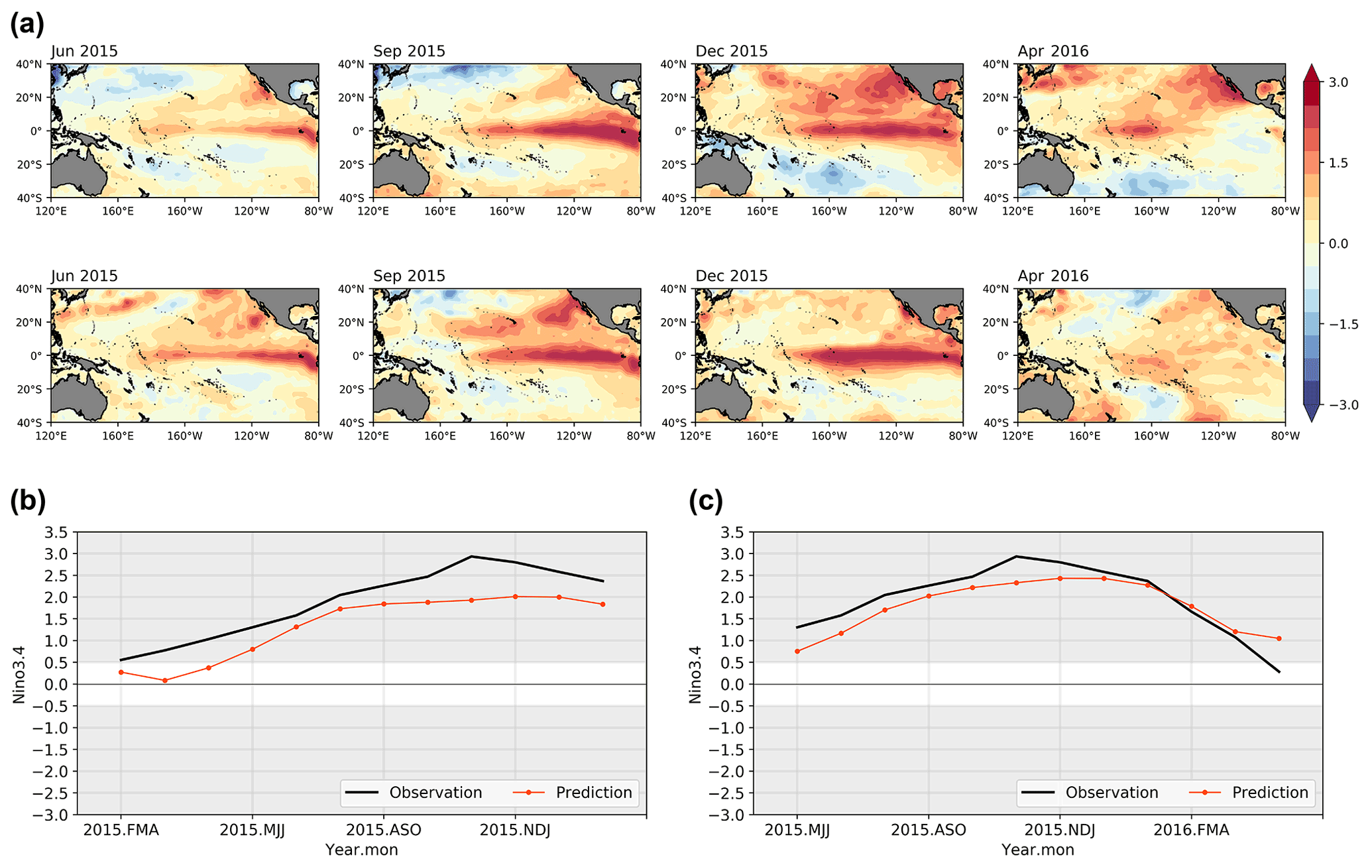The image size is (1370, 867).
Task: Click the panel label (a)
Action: pyautogui.click(x=27, y=25)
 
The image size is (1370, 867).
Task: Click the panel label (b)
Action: pyautogui.click(x=28, y=500)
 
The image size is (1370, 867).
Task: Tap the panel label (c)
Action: pyautogui.click(x=706, y=500)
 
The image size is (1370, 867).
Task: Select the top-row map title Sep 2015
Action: pyautogui.click(x=409, y=51)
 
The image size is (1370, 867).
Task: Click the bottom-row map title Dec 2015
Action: pyautogui.click(x=731, y=276)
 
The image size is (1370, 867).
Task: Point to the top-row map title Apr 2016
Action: pyautogui.click(x=1053, y=51)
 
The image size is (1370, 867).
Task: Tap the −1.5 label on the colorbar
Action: pyautogui.click(x=1343, y=324)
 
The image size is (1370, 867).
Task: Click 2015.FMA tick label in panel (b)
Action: pyautogui.click(x=121, y=830)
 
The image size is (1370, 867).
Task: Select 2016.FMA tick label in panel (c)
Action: pyautogui.click(x=1191, y=830)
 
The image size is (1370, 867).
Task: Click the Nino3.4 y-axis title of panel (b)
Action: pyautogui.click(x=19, y=674)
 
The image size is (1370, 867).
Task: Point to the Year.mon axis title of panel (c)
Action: pyautogui.click(x=1037, y=850)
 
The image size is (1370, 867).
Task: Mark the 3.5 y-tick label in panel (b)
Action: pyautogui.click(x=56, y=532)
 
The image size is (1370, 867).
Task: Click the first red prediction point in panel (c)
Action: pyautogui.click(x=797, y=651)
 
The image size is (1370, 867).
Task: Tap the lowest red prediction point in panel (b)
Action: pyautogui.click(x=165, y=680)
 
